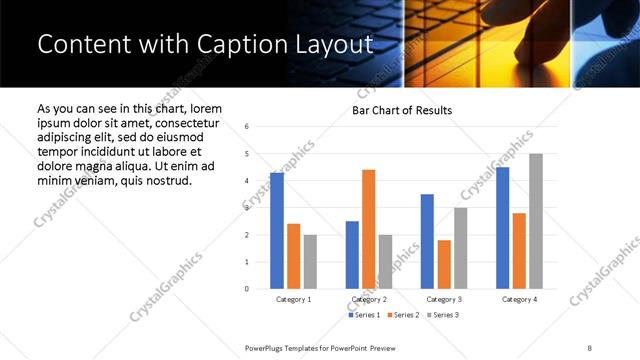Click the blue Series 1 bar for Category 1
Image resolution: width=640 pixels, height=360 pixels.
coord(277,231)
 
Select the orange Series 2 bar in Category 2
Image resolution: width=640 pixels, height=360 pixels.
coord(369,229)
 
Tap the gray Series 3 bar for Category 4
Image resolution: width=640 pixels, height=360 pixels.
coord(536,221)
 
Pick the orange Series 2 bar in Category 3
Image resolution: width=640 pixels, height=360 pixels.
coord(444,264)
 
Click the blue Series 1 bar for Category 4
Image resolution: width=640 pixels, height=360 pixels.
coord(503,228)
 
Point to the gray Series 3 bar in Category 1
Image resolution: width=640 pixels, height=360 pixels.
coord(310,262)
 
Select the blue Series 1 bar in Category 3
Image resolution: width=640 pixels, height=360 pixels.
coord(427,241)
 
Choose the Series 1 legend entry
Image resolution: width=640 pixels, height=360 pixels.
coord(364,315)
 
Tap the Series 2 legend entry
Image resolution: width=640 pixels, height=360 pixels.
coord(403,315)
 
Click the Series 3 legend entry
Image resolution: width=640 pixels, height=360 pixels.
coord(441,315)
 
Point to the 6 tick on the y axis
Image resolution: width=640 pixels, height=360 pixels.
coord(247,127)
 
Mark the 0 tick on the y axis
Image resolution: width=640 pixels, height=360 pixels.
coord(247,289)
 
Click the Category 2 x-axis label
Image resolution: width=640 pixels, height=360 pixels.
coord(369,299)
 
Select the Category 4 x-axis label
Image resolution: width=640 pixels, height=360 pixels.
coord(519,299)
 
